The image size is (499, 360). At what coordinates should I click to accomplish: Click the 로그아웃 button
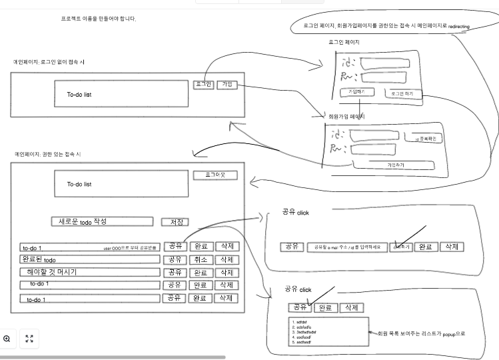[x=215, y=175]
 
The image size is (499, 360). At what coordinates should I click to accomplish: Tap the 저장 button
[x=176, y=222]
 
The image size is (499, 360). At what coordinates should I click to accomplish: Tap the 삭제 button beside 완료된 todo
[x=226, y=259]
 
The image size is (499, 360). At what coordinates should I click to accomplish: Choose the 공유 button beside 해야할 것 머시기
[x=174, y=273]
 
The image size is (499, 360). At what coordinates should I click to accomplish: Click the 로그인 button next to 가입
[x=203, y=84]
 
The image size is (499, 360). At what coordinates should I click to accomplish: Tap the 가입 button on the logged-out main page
[x=227, y=84]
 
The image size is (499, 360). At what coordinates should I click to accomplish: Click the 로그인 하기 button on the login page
[x=406, y=94]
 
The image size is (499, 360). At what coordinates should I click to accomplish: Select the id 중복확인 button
[x=428, y=138]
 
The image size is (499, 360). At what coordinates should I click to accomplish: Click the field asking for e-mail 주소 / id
[x=346, y=247]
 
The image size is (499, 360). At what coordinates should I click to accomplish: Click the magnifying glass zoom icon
[x=7, y=339]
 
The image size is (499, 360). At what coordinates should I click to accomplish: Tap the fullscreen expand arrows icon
[x=29, y=339]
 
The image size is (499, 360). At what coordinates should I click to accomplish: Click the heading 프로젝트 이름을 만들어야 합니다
[x=98, y=19]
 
